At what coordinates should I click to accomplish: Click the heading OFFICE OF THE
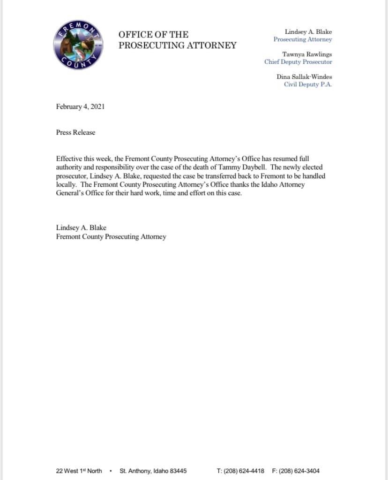click(x=153, y=35)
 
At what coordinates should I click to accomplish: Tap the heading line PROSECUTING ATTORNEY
click(x=177, y=46)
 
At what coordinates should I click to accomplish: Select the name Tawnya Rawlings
click(x=307, y=54)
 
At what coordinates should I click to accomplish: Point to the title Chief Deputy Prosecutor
click(x=298, y=62)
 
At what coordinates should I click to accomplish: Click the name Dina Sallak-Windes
click(x=304, y=77)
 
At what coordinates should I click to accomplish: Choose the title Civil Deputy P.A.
click(x=308, y=84)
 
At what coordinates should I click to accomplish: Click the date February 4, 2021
click(x=80, y=107)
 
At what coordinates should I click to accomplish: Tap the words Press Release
click(x=75, y=132)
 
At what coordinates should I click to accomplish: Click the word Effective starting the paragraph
click(x=68, y=159)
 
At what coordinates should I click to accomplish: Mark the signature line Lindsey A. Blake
click(x=81, y=228)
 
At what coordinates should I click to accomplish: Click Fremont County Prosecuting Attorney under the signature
click(x=111, y=236)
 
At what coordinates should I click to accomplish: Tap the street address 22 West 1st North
click(x=79, y=471)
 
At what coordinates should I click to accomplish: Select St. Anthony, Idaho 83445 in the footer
click(x=153, y=471)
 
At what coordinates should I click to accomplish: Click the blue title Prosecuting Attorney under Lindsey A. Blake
click(x=303, y=39)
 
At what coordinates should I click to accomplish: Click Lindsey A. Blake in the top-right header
click(x=308, y=32)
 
